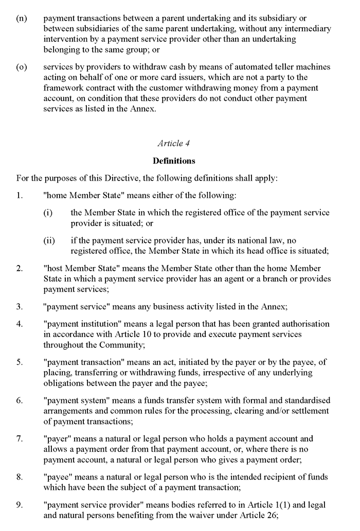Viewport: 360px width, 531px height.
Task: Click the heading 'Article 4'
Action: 174,144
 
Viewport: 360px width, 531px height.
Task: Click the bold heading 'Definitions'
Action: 174,161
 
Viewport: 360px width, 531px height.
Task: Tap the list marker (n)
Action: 22,18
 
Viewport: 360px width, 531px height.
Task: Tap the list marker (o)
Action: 22,67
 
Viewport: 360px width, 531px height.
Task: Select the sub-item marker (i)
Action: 48,213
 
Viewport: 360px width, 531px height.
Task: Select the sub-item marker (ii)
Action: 49,240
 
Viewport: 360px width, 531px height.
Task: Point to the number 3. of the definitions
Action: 20,307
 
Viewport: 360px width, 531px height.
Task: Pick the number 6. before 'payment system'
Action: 20,400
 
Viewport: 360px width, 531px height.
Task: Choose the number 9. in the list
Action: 20,505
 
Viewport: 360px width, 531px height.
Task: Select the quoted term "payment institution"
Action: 82,324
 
